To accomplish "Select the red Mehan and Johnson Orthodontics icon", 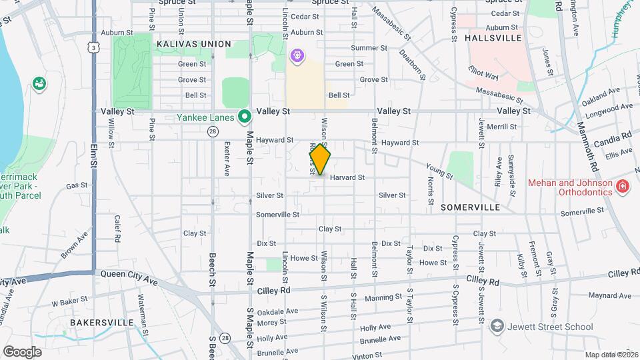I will point(621,186).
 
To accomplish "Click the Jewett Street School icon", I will point(497,326).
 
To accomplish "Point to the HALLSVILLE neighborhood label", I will point(493,38).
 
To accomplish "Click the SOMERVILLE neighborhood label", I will point(471,208).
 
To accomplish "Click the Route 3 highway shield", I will point(95,47).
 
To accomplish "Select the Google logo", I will point(22,351).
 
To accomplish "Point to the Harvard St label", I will point(347,178).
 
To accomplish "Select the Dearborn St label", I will point(412,63).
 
